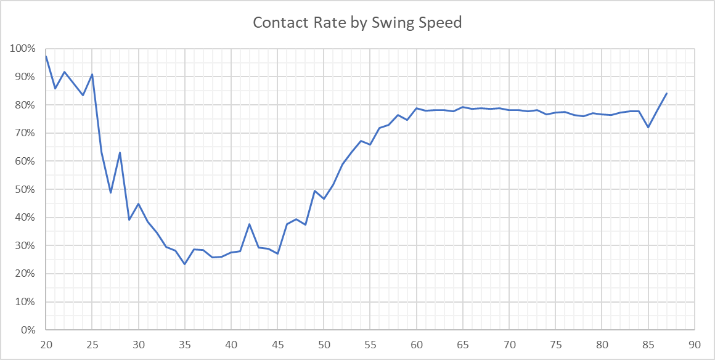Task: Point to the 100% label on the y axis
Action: [x=23, y=49]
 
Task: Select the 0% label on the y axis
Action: [x=28, y=330]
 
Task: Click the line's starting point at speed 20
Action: [x=46, y=56]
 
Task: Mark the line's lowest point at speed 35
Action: [x=185, y=264]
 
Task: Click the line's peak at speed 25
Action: [x=92, y=75]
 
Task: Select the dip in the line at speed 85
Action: [x=648, y=127]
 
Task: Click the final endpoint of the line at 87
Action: [x=667, y=93]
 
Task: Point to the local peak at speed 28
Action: [x=120, y=152]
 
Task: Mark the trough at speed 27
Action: [x=111, y=192]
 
